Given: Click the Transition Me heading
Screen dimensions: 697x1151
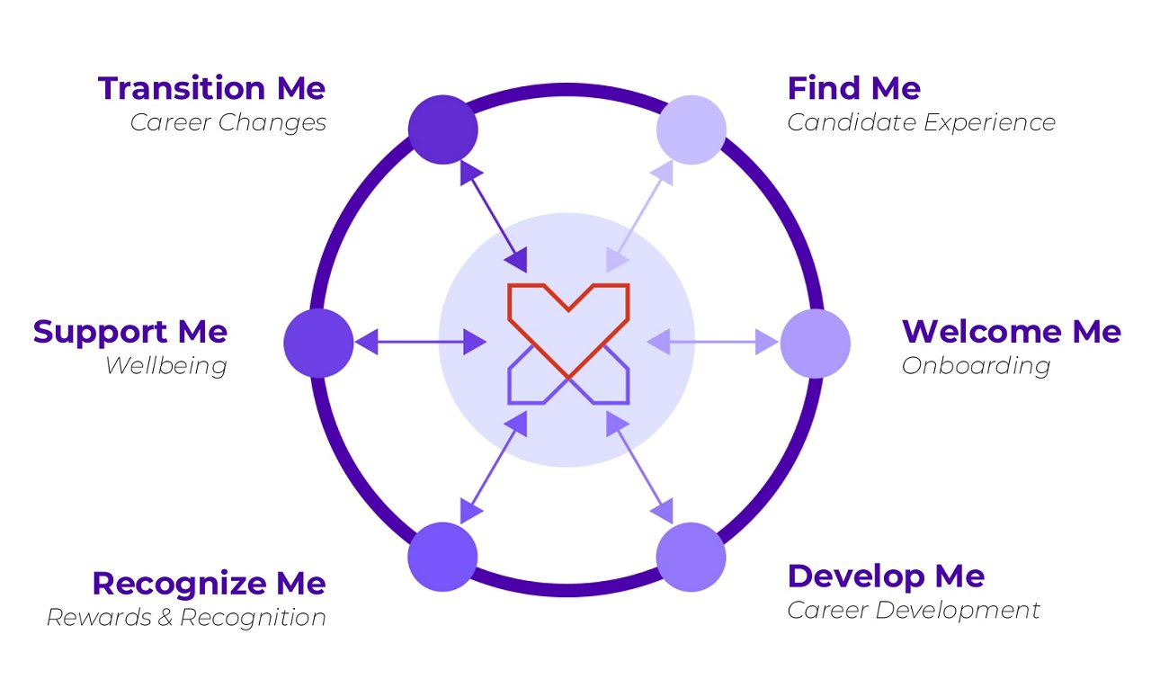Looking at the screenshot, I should pyautogui.click(x=211, y=88).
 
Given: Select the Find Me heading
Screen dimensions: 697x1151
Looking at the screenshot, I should pyautogui.click(x=853, y=88).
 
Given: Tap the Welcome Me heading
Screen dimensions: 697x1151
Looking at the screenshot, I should pyautogui.click(x=1011, y=332).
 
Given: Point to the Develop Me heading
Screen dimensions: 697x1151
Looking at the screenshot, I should pyautogui.click(x=885, y=576).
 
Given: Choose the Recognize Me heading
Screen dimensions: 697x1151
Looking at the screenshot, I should pyautogui.click(x=209, y=584).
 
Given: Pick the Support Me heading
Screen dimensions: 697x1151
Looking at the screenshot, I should pyautogui.click(x=130, y=332).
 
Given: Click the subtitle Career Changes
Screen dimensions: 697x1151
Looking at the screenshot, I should pyautogui.click(x=228, y=122).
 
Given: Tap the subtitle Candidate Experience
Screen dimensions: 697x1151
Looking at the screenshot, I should pyautogui.click(x=921, y=122).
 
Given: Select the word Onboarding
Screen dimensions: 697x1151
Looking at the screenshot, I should pyautogui.click(x=976, y=366).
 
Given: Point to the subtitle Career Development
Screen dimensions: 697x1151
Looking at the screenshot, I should pyautogui.click(x=913, y=610).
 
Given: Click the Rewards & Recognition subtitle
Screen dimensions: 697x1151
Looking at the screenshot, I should pyautogui.click(x=186, y=618).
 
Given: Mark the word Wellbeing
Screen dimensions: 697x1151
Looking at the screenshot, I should pyautogui.click(x=165, y=366).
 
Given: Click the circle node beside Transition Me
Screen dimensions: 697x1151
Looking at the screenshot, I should pyautogui.click(x=442, y=130).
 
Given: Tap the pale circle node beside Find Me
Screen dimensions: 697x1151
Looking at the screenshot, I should pyautogui.click(x=691, y=130).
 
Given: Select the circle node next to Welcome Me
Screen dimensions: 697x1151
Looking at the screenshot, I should pyautogui.click(x=815, y=343).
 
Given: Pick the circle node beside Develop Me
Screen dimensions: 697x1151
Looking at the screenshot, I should pyautogui.click(x=691, y=557).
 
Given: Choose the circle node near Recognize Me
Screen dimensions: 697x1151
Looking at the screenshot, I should pyautogui.click(x=442, y=557).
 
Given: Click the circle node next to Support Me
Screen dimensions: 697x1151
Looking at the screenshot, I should pyautogui.click(x=318, y=343).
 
